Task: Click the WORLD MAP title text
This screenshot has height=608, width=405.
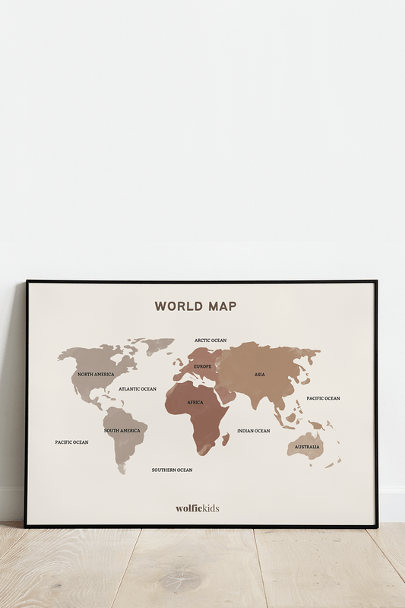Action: (x=195, y=306)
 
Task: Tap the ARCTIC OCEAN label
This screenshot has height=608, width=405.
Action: (x=210, y=340)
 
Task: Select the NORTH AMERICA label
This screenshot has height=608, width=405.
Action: (x=96, y=375)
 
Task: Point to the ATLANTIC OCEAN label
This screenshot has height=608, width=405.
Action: (x=138, y=389)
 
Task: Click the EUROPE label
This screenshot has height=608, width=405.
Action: (x=203, y=366)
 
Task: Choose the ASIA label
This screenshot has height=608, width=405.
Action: (x=260, y=375)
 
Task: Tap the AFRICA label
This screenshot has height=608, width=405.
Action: (x=195, y=402)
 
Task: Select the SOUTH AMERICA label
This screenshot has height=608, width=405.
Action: (x=122, y=431)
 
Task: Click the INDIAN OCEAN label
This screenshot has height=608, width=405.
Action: (x=254, y=431)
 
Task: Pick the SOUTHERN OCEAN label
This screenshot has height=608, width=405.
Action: (x=172, y=470)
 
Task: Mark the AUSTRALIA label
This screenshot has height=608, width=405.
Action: (x=307, y=447)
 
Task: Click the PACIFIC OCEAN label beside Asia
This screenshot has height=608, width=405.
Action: (x=324, y=398)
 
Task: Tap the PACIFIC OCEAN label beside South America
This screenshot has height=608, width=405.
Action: (x=71, y=442)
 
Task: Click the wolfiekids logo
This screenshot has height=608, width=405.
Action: (x=198, y=508)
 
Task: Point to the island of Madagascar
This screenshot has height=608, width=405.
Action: (x=226, y=439)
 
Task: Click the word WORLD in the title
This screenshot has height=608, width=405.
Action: (x=173, y=306)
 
